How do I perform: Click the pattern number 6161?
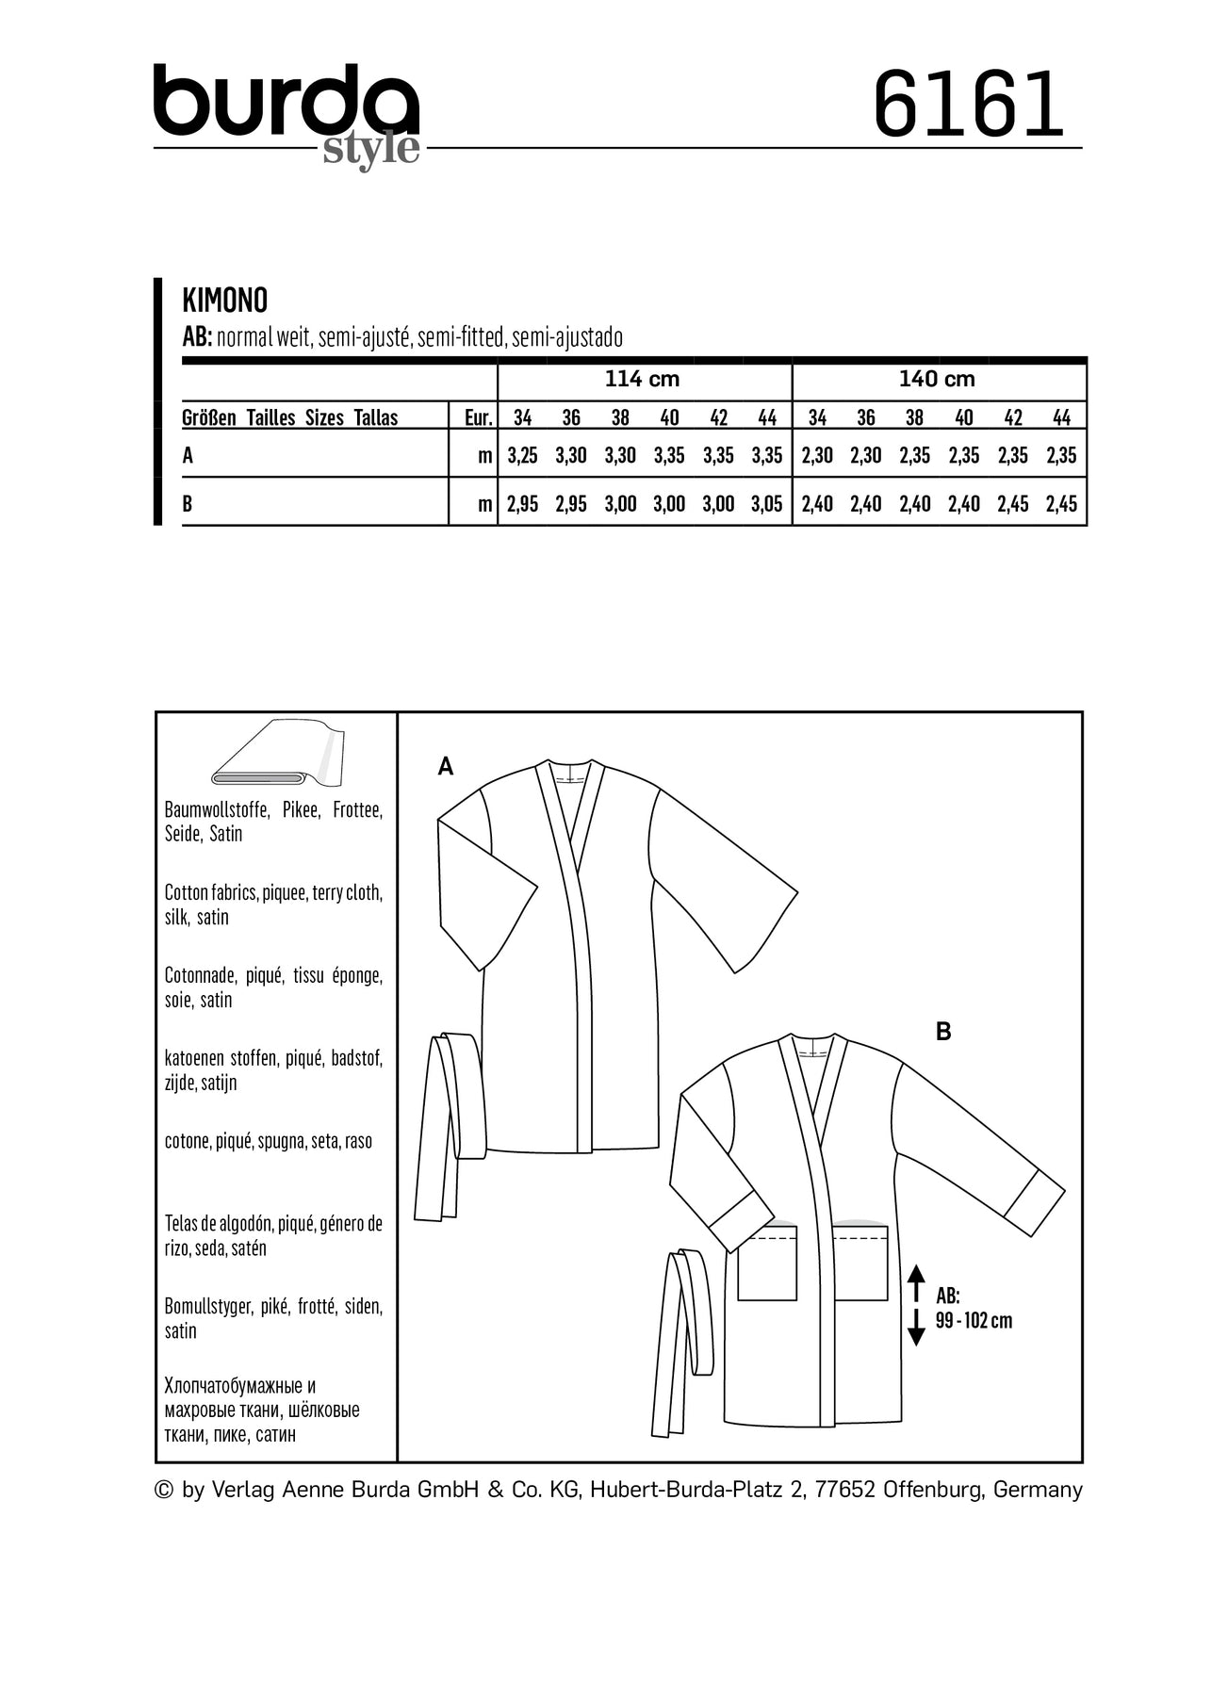pos(968,105)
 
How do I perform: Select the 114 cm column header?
pos(642,379)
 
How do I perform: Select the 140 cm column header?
pos(937,379)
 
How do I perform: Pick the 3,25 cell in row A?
pos(522,456)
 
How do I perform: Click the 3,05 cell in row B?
pos(767,504)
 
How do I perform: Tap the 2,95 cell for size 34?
pos(522,504)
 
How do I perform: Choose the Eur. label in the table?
pos(479,417)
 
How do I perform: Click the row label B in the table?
pos(188,504)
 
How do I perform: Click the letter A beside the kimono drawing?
pos(446,767)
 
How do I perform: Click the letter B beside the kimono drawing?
pos(943,1032)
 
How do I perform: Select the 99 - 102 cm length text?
pos(974,1321)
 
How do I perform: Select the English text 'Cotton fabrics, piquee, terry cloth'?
pos(273,893)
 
